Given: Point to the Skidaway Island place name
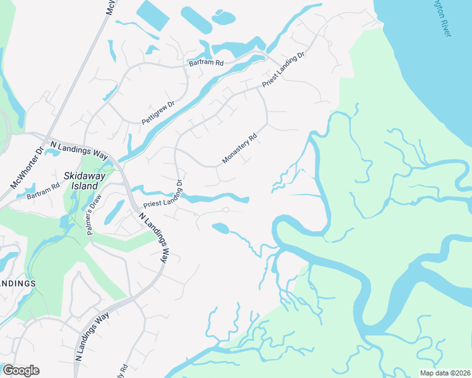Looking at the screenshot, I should tap(81, 180).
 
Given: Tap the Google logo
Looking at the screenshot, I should tap(21, 370).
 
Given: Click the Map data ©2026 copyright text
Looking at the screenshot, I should tap(445, 372).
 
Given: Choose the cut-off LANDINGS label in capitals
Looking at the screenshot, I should tap(17, 283).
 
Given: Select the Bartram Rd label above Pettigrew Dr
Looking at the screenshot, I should tap(206, 63).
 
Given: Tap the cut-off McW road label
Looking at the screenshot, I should tap(111, 8).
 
